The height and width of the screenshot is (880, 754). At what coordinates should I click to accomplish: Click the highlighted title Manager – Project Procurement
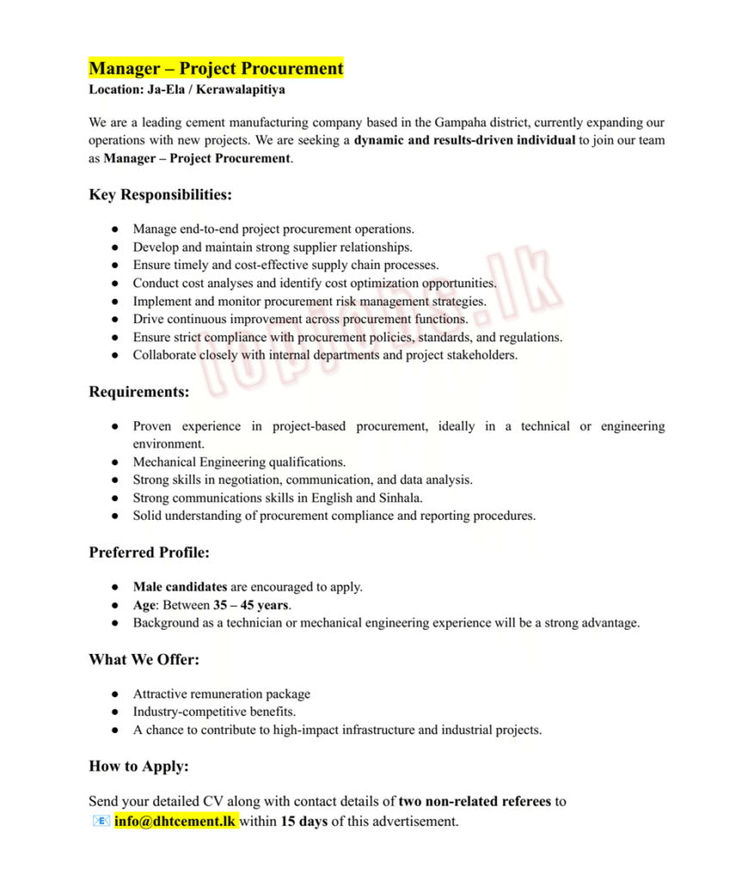[216, 69]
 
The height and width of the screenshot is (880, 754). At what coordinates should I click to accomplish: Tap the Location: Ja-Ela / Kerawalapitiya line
[187, 89]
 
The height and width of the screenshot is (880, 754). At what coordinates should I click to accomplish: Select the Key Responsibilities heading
[160, 195]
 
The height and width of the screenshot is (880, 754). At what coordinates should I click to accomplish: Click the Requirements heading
[139, 392]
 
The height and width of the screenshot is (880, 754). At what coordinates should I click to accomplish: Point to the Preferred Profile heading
[149, 552]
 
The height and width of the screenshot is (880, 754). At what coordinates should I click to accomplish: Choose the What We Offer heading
[144, 659]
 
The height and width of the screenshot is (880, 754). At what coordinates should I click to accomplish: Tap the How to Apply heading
[138, 766]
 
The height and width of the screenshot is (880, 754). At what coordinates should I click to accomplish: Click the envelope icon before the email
[100, 822]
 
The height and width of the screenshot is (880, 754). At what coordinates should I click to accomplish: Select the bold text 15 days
[303, 822]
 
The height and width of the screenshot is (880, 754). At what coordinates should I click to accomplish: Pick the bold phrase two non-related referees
[475, 802]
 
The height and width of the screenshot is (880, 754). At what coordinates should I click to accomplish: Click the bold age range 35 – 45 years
[251, 605]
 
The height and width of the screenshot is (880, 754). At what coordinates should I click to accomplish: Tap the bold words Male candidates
[180, 587]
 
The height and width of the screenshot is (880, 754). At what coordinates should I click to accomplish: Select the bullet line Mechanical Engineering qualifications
[239, 462]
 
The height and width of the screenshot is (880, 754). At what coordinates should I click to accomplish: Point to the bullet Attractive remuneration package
[221, 694]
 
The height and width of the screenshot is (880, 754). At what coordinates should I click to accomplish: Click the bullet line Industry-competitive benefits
[215, 712]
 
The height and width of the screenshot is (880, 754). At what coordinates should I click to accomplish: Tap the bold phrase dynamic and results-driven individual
[464, 140]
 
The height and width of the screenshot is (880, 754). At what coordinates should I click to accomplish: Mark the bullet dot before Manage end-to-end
[114, 229]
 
